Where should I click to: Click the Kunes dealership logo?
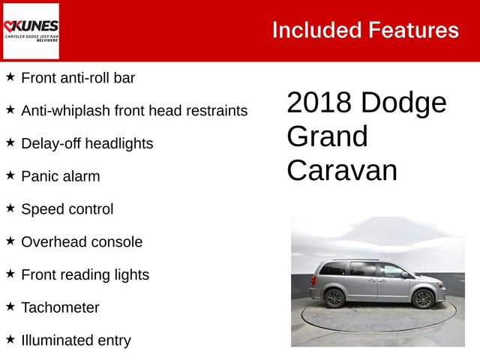[31, 31]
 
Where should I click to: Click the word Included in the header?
[316, 30]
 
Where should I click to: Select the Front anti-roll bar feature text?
[78, 77]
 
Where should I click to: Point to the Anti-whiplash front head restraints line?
[134, 110]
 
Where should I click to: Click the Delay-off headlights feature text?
[87, 143]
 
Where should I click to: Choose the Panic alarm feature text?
[60, 176]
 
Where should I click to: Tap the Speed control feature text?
[67, 209]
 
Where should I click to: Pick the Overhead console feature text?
[82, 241]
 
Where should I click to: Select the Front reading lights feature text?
[85, 274]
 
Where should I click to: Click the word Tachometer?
[60, 307]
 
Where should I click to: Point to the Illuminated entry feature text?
[76, 340]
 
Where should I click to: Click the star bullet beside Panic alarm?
[10, 175]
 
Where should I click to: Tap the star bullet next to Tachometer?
[10, 307]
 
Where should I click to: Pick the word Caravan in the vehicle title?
[341, 170]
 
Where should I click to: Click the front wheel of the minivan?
[423, 298]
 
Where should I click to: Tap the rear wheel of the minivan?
[334, 298]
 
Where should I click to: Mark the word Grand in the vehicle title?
[327, 136]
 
